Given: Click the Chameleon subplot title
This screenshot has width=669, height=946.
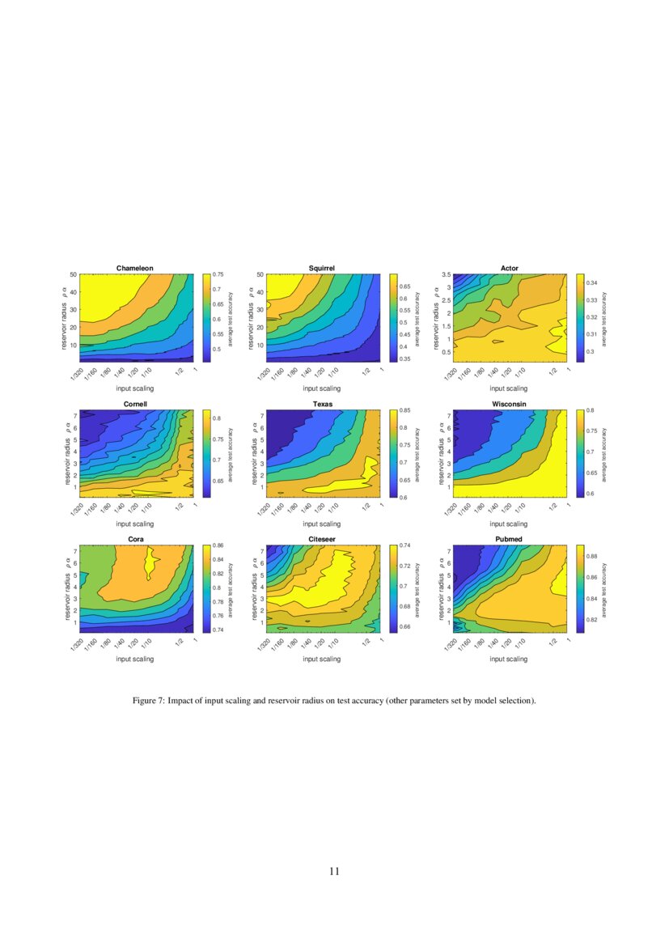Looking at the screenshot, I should pyautogui.click(x=135, y=268).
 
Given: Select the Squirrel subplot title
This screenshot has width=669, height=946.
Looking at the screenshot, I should pyautogui.click(x=322, y=268).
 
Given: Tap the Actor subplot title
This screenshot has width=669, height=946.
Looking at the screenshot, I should pyautogui.click(x=510, y=268).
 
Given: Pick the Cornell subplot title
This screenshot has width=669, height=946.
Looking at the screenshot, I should pyautogui.click(x=135, y=404).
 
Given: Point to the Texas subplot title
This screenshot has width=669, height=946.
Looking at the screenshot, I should pyautogui.click(x=322, y=404).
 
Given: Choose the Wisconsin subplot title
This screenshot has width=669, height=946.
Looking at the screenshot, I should pyautogui.click(x=510, y=404).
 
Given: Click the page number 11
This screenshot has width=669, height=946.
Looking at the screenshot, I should pyautogui.click(x=334, y=872).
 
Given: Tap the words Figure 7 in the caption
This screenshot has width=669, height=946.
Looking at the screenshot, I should pyautogui.click(x=150, y=701).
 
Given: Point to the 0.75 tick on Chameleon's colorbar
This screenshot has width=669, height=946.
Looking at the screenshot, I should pyautogui.click(x=218, y=275).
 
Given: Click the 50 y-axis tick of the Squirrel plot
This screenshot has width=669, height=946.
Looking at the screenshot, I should pyautogui.click(x=260, y=275).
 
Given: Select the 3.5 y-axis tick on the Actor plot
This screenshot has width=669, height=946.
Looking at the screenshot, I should pyautogui.click(x=447, y=275).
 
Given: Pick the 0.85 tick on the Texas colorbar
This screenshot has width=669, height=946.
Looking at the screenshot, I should pyautogui.click(x=404, y=411).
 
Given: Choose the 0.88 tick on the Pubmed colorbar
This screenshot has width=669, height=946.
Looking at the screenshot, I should pyautogui.click(x=592, y=557).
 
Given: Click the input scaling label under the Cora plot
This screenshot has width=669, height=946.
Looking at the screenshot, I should pyautogui.click(x=135, y=659).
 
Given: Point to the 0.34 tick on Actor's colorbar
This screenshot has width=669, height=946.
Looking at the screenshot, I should pyautogui.click(x=592, y=283).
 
